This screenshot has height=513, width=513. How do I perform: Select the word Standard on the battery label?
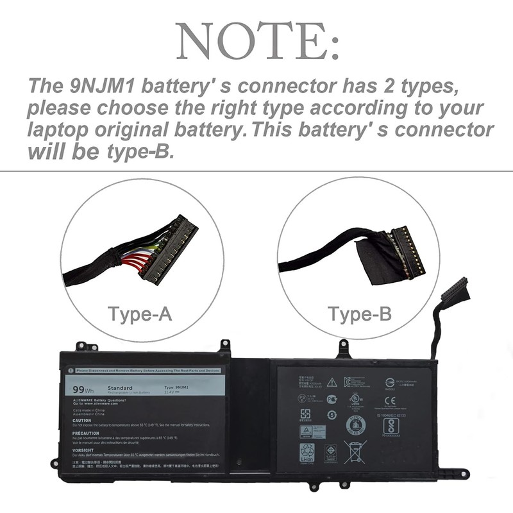pyautogui.click(x=121, y=388)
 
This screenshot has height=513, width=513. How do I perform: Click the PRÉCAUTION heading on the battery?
pyautogui.click(x=89, y=433)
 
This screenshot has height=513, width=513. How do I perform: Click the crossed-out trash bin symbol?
pyautogui.click(x=355, y=452)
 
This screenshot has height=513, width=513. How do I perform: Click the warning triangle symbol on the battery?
pyautogui.click(x=332, y=382)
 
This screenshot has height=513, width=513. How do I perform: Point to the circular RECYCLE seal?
pyautogui.click(x=356, y=424)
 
